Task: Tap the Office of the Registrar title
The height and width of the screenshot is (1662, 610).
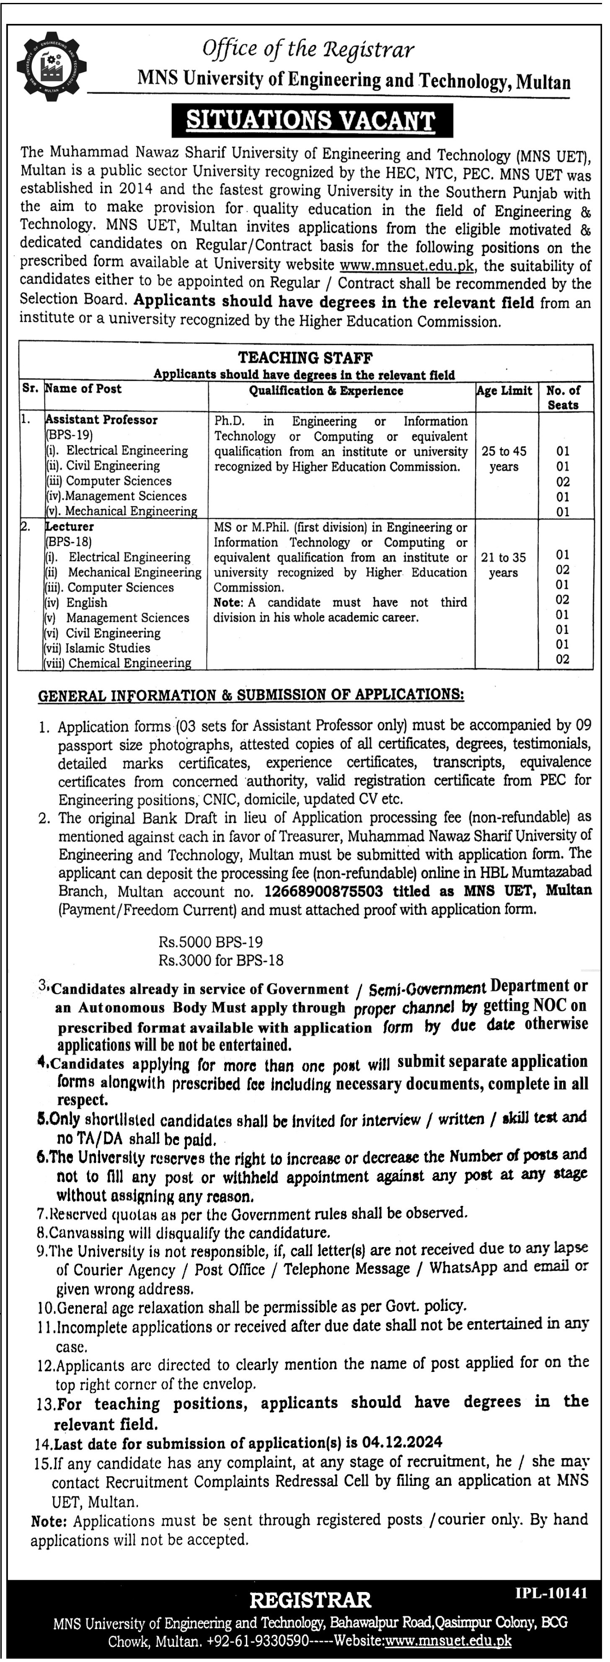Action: (x=308, y=49)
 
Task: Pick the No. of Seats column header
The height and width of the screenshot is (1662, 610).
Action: (x=563, y=397)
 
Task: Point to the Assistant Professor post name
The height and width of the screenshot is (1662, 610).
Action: (x=101, y=420)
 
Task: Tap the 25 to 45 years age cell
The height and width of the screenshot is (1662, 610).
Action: (x=504, y=459)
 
